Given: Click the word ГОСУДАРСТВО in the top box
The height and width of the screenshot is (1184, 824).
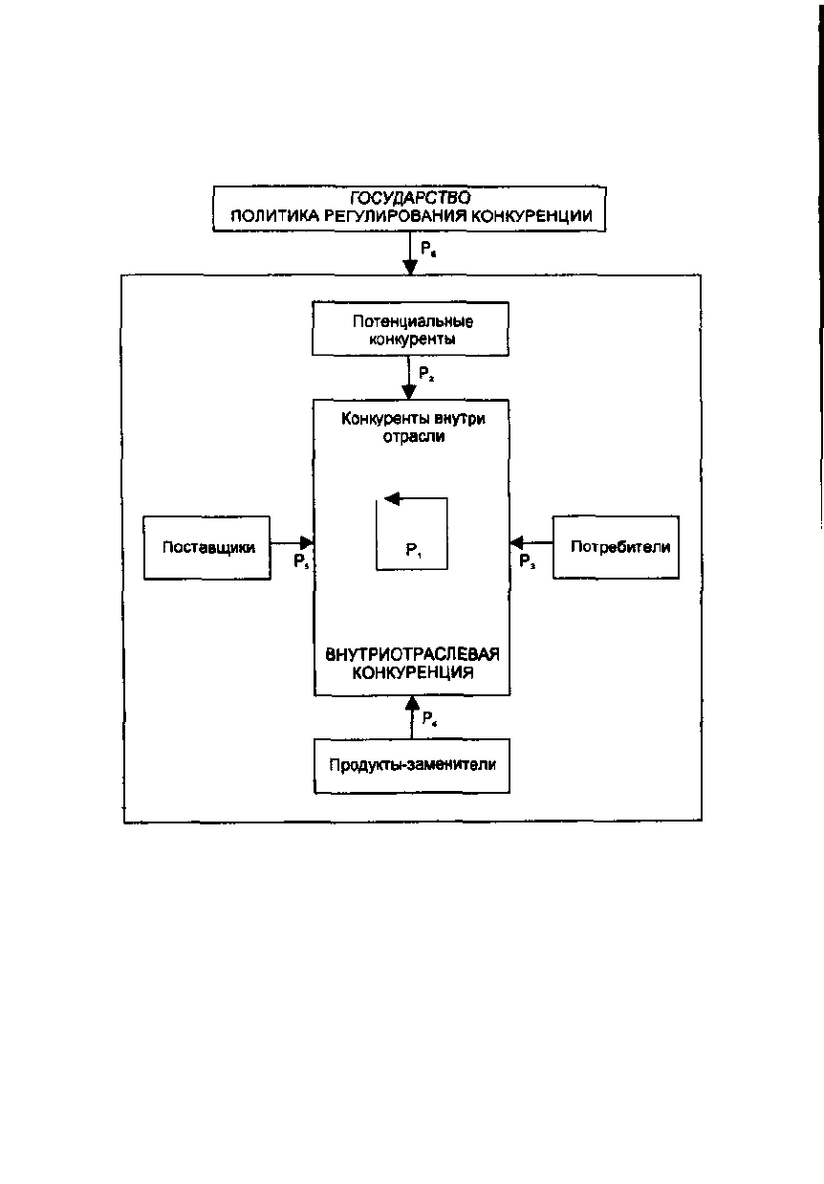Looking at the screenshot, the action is coord(410,198).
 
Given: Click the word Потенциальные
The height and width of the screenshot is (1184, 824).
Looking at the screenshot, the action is coord(413,321).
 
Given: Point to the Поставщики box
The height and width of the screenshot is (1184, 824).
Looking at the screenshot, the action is coord(207,548).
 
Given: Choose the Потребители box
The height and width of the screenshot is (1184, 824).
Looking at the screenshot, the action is coord(616,547).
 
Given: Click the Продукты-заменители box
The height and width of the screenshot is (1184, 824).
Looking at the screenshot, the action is coord(412,766).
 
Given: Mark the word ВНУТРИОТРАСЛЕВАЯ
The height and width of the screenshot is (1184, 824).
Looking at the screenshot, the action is coord(412,655).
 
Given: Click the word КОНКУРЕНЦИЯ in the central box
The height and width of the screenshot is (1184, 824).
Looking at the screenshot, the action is coord(413,673).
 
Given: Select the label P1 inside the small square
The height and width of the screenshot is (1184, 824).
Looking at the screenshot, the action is coord(413,551).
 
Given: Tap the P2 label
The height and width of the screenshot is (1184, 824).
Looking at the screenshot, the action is coord(426,374).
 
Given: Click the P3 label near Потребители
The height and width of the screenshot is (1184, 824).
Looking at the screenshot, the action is coord(527,561).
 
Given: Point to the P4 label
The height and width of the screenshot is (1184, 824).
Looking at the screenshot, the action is coord(429,718).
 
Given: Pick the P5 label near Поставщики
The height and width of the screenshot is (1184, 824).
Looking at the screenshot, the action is coord(301,561).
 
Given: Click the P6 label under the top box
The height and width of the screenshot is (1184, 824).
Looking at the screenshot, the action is coord(428,249).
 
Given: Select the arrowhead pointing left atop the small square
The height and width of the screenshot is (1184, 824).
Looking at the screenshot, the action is coord(392,498).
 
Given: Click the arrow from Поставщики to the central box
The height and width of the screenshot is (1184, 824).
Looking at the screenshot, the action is coord(293,542).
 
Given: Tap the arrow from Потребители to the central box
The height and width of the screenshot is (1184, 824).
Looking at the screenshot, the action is coord(531,542).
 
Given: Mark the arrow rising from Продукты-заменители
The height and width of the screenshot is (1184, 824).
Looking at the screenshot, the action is coord(412,716).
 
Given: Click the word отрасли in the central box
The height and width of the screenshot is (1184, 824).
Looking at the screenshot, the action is coord(414,437).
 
